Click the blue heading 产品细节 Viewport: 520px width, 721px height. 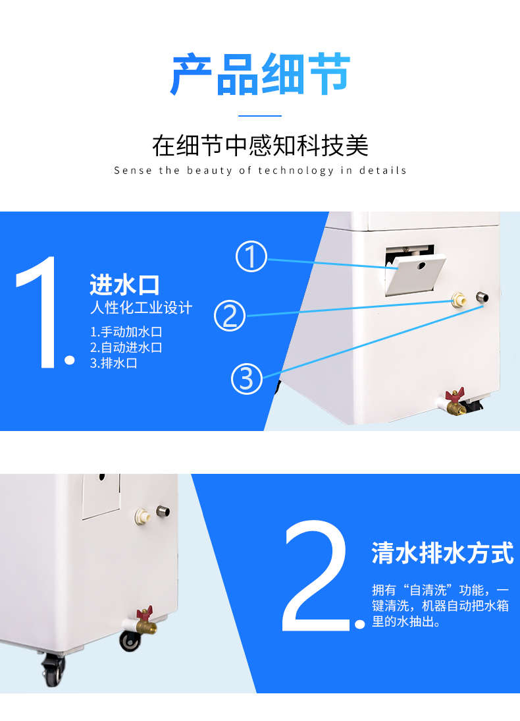260,74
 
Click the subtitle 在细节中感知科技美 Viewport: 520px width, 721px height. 260,146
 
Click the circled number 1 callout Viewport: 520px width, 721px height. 251,256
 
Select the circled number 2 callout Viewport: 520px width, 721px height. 230,316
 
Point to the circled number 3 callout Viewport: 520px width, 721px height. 247,378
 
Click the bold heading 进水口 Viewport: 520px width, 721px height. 124,285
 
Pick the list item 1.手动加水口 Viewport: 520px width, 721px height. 126,332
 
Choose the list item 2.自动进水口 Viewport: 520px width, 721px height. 126,347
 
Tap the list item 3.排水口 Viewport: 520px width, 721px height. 113,362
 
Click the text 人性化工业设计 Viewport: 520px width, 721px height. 141,308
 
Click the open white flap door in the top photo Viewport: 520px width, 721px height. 415,274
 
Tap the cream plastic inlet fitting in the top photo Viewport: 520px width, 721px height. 458,300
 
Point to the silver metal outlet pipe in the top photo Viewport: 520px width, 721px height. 482,297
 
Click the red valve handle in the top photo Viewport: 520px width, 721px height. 455,395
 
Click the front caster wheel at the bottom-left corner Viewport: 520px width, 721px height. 53,670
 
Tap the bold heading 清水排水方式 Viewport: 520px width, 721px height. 442,553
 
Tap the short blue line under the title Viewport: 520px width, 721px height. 260,116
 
